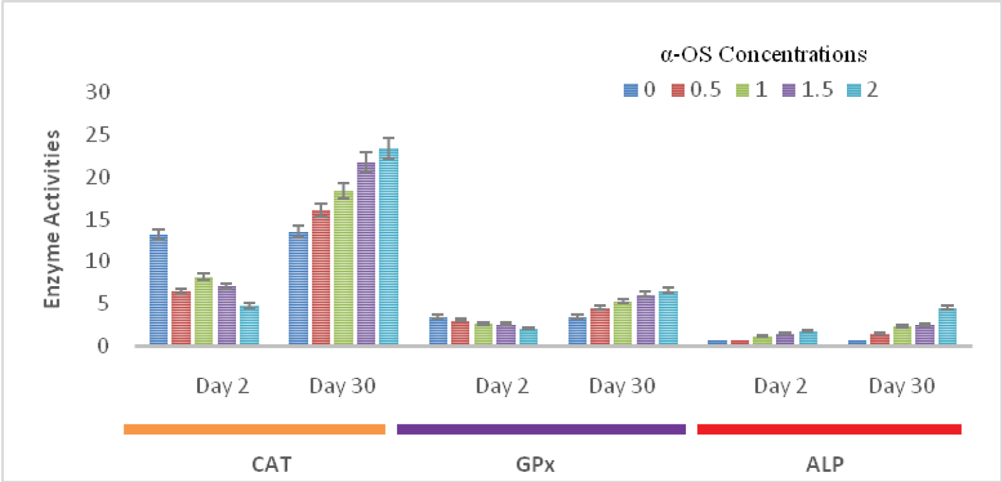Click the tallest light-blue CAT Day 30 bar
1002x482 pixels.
[x=388, y=247]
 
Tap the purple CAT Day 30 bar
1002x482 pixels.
[x=366, y=254]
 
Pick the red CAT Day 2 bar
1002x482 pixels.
[x=181, y=318]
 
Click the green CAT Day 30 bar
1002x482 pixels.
[x=343, y=268]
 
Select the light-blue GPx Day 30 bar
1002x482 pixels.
[x=667, y=318]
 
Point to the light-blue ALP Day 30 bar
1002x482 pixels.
[x=947, y=327]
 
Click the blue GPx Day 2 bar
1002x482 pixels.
[x=438, y=331]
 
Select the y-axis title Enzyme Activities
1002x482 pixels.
[x=53, y=219]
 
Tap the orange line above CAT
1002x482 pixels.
[x=255, y=429]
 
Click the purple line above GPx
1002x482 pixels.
[x=541, y=429]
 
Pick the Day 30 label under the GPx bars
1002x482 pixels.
[x=621, y=386]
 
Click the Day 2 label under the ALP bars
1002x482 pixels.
[x=782, y=386]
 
